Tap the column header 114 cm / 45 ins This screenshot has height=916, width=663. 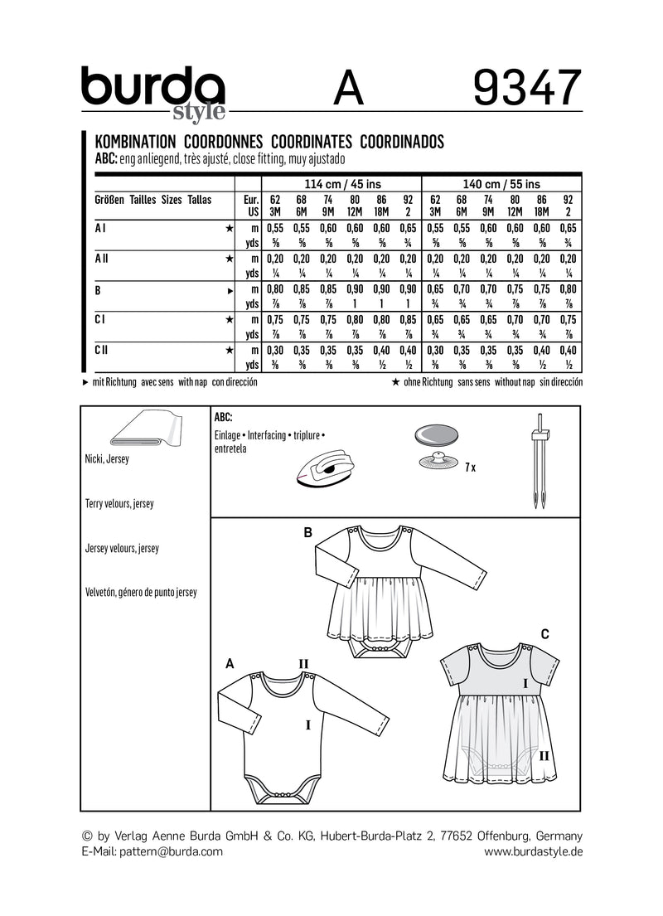[341, 184]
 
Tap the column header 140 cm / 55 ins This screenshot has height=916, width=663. [501, 184]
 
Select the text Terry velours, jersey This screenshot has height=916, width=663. [119, 503]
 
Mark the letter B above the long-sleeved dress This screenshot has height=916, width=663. [307, 533]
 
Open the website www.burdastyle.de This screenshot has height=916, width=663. [533, 851]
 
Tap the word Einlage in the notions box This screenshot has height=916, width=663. [229, 434]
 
